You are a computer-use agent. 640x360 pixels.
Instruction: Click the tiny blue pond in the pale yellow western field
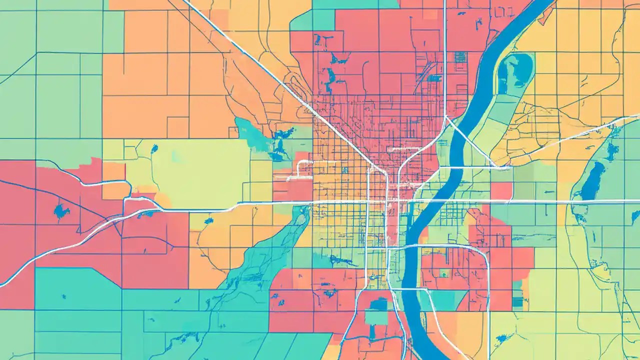click(x=154, y=148)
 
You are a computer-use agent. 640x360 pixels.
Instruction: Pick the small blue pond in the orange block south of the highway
click(x=208, y=220)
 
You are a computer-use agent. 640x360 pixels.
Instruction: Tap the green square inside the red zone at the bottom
click(x=376, y=316)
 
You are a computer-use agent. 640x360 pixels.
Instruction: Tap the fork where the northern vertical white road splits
click(x=444, y=119)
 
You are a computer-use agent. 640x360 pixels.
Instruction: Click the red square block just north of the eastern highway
click(x=501, y=190)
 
